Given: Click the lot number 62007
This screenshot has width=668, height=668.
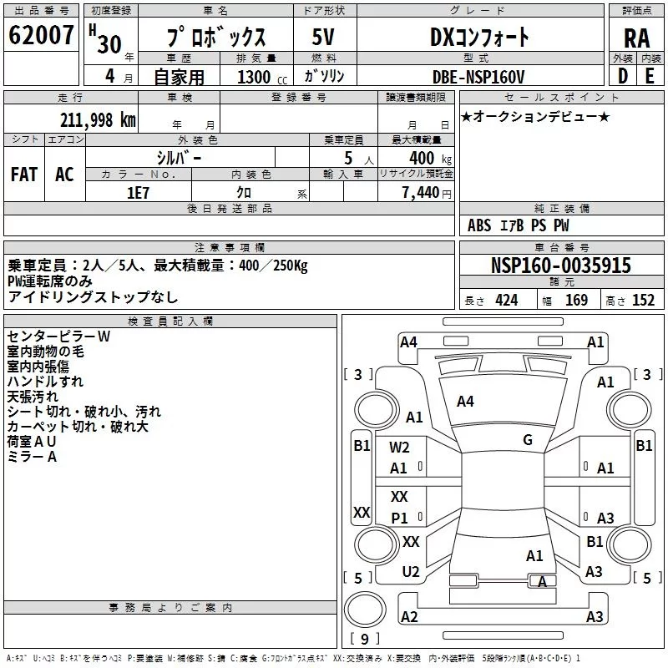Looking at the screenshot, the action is [x=41, y=36].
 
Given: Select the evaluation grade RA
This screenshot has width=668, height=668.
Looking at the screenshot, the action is [x=636, y=38].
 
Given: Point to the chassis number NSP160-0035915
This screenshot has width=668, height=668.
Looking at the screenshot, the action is [x=561, y=266].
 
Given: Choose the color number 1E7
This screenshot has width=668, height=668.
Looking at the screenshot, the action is [x=138, y=192].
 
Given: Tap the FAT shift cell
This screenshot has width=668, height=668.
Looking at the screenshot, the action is [x=24, y=174].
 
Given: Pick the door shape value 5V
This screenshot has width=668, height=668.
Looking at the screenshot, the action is [x=324, y=38].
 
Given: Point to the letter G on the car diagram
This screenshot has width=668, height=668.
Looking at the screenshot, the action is [x=528, y=440].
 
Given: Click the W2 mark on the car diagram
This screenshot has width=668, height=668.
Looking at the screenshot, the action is [x=400, y=448].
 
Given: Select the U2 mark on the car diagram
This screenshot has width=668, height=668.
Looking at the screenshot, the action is [x=410, y=571].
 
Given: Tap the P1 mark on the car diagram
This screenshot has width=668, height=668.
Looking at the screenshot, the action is [x=400, y=518].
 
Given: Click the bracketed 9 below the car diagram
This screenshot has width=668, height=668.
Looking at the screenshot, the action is [x=365, y=640].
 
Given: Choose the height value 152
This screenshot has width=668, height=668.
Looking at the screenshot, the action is [x=643, y=301].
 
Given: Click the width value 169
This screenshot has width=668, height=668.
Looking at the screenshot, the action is [x=576, y=301].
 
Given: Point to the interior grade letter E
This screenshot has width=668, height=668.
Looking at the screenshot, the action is [x=649, y=77].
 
